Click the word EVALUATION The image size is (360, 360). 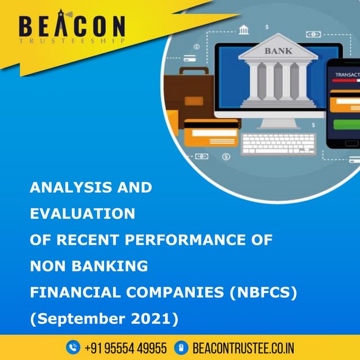coord(82,214)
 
